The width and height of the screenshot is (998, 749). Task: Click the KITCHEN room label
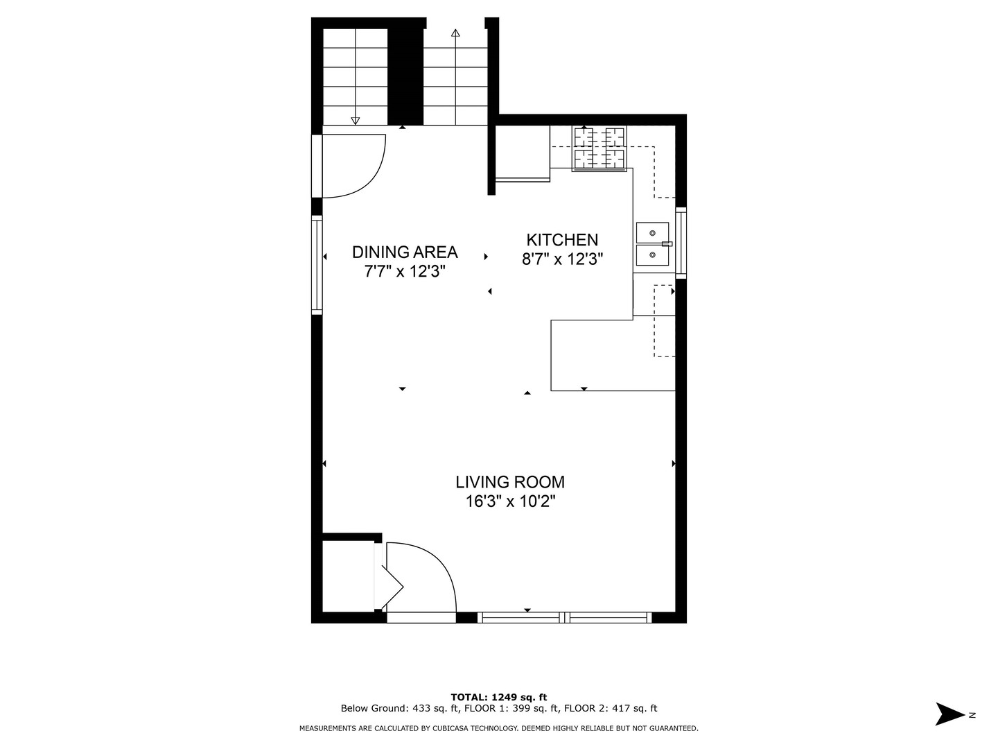[562, 240]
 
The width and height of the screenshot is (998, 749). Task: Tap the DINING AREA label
[405, 252]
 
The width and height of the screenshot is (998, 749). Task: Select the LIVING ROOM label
[510, 482]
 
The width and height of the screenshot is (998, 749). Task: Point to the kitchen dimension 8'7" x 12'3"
[562, 259]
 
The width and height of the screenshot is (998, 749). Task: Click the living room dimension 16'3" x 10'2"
[510, 501]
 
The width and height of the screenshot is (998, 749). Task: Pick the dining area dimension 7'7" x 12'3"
[405, 271]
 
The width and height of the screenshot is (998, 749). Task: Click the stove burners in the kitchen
[599, 148]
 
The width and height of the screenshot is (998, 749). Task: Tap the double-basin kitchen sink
[653, 244]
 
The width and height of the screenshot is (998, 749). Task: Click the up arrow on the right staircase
[455, 33]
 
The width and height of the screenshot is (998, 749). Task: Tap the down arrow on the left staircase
[356, 121]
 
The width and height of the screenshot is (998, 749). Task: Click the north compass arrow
[950, 714]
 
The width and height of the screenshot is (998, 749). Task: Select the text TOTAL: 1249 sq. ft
[499, 697]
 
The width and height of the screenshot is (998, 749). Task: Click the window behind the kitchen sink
[681, 243]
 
